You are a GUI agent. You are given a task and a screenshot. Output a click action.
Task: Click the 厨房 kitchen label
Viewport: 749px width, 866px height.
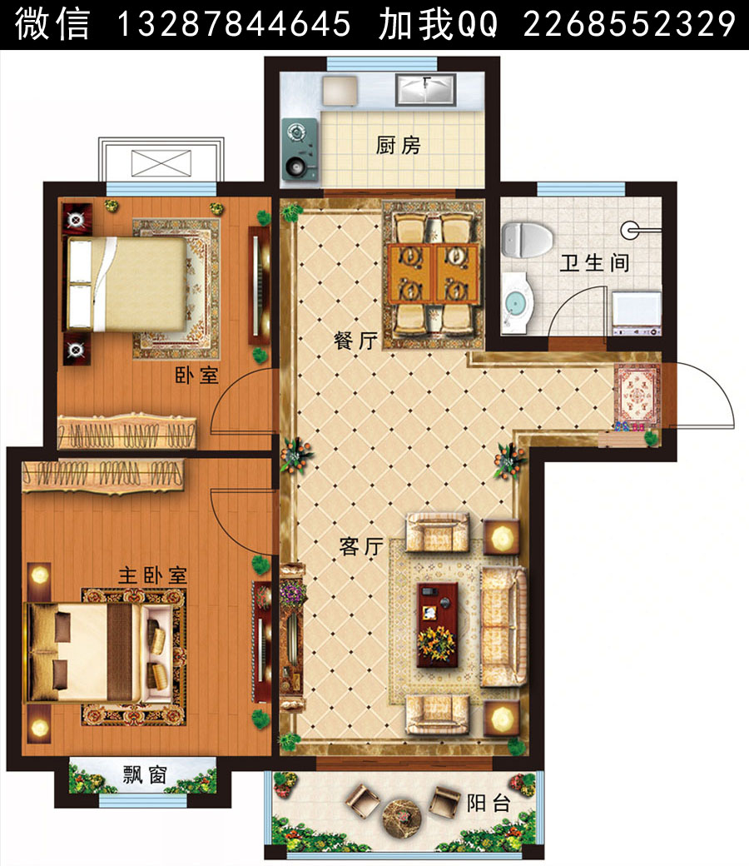(x=398, y=146)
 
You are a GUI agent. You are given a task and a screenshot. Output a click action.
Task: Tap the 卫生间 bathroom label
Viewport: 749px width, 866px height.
(x=594, y=263)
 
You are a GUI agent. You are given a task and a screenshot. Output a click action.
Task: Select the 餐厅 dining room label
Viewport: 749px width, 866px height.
(x=356, y=341)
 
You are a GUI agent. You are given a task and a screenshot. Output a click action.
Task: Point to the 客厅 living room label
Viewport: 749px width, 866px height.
(x=361, y=546)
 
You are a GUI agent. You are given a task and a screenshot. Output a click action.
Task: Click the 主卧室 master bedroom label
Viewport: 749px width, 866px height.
(x=153, y=575)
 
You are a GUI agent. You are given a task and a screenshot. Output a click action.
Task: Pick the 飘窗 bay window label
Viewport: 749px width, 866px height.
(x=145, y=775)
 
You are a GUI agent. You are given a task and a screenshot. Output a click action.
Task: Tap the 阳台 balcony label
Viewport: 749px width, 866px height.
(x=489, y=803)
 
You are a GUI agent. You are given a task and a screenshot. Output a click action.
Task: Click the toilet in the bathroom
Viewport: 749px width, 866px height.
(x=527, y=239)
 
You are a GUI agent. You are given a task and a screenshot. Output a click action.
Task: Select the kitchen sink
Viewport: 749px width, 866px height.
(x=425, y=90)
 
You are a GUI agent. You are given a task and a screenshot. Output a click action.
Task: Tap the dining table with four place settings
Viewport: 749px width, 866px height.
(x=434, y=274)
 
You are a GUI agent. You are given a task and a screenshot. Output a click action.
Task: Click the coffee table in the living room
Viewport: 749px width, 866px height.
(x=437, y=625)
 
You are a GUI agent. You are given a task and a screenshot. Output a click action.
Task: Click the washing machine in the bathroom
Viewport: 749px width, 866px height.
(x=637, y=313)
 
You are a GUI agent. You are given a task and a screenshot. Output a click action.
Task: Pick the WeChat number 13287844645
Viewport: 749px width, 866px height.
(x=234, y=24)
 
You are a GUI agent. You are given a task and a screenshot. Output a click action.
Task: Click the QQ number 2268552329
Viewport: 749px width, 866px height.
(x=629, y=24)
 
